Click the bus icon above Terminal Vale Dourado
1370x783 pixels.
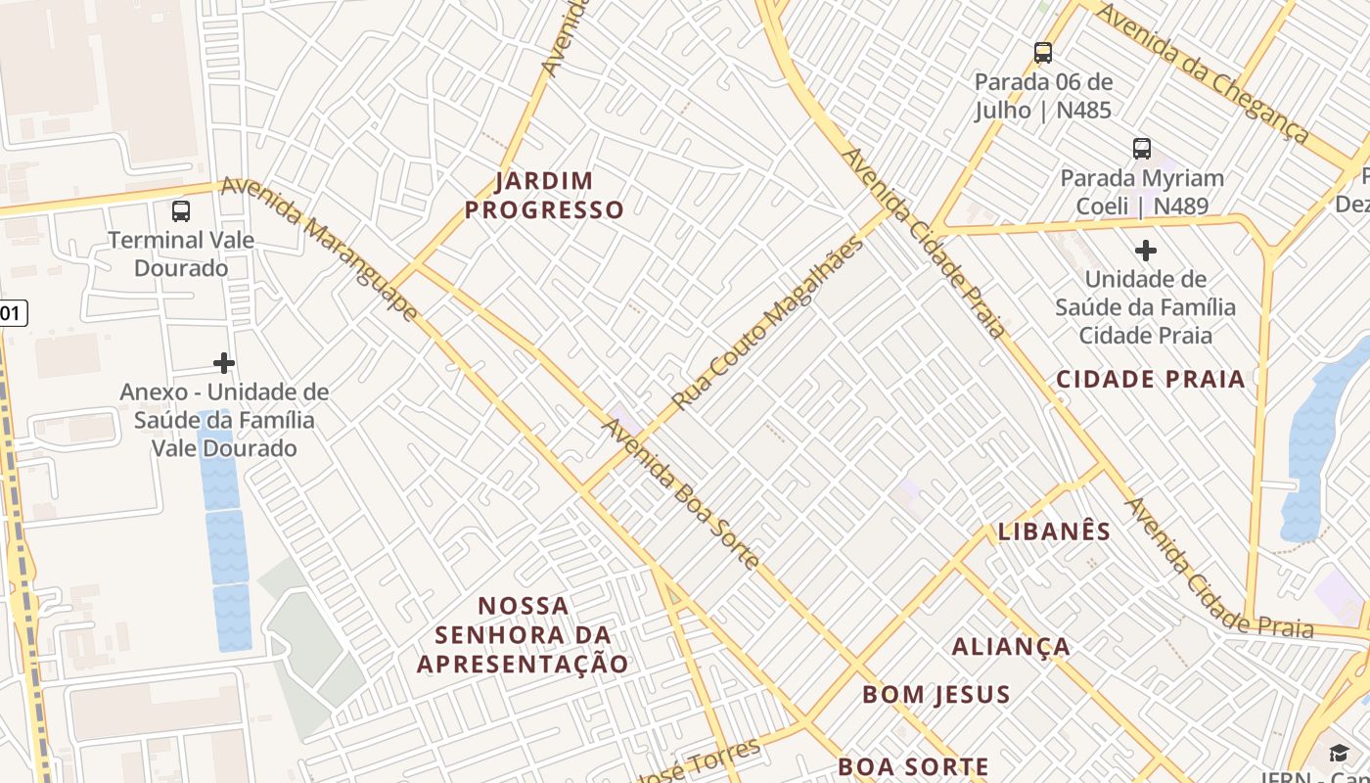pos(181,210)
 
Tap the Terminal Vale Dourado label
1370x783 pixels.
pos(181,253)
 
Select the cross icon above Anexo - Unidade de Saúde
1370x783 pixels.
pos(224,363)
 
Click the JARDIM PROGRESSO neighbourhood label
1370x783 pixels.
pos(544,195)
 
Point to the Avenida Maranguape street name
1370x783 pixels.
pos(320,250)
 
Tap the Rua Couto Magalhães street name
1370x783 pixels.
pos(768,322)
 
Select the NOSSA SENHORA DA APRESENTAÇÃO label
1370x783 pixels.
pos(524,634)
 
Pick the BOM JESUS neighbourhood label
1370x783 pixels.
pos(936,695)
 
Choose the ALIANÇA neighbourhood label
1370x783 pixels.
pos(1011,647)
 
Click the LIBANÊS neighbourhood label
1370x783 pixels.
pos(1054,531)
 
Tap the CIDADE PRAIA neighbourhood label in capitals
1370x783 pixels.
pos(1150,379)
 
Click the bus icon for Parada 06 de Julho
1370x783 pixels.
pos(1043,52)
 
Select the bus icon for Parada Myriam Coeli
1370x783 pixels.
pos(1142,149)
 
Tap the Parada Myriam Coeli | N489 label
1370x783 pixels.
pos(1142,192)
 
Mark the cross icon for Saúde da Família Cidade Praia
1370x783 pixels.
pos(1145,251)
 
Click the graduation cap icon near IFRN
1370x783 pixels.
pos(1338,753)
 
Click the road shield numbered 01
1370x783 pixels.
pos(11,313)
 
